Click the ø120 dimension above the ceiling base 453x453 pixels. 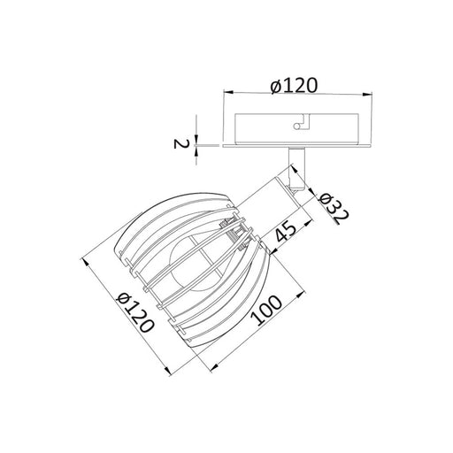[294, 86]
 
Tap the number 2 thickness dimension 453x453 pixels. [180, 143]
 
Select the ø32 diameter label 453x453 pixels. [334, 209]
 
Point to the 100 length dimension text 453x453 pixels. [266, 310]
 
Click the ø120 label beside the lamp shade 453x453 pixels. [135, 312]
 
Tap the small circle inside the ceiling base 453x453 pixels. [296, 126]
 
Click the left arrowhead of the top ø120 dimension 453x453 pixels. [228, 92]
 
